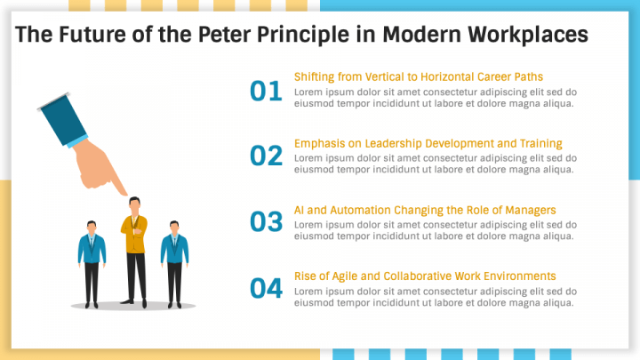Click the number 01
click(266, 91)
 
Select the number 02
click(266, 156)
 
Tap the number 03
click(266, 222)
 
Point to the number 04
click(266, 288)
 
